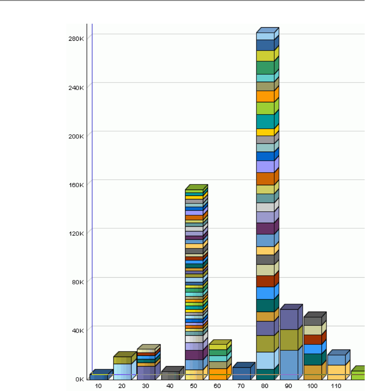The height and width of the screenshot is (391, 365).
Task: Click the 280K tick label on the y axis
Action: (x=76, y=38)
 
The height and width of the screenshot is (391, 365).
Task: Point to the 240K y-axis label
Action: (x=76, y=87)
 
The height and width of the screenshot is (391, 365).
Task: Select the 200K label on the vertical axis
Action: (x=76, y=136)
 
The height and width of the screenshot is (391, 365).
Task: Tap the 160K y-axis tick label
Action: (x=76, y=184)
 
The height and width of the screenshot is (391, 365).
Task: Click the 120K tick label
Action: (x=76, y=233)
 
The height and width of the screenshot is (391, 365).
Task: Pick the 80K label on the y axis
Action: (x=77, y=282)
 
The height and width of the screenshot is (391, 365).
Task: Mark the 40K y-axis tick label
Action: (x=77, y=330)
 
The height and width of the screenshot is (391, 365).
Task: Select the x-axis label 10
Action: (x=98, y=385)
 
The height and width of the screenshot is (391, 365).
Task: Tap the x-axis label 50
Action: (x=194, y=385)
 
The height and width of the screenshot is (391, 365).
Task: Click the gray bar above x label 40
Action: (x=170, y=375)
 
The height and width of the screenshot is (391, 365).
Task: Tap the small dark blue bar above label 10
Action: (x=99, y=377)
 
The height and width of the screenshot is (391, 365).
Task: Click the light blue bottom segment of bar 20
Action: (x=122, y=372)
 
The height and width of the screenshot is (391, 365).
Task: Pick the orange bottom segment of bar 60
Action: (x=217, y=374)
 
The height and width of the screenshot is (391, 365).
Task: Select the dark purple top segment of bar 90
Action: (x=289, y=319)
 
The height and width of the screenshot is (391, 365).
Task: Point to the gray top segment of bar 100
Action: (x=313, y=321)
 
